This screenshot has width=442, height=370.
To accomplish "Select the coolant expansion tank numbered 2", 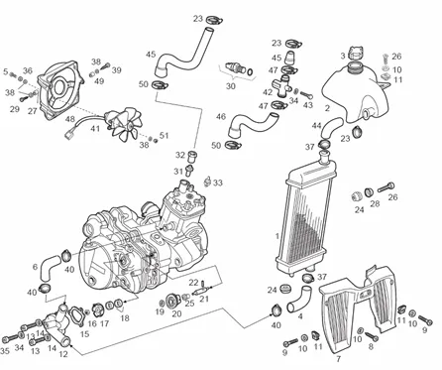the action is point(355,92).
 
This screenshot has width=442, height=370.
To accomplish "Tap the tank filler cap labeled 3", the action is point(356,53).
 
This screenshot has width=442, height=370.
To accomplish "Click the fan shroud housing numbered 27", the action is point(60,89).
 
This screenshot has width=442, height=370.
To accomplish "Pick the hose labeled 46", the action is point(252,124).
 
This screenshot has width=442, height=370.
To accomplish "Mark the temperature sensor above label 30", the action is point(235,68).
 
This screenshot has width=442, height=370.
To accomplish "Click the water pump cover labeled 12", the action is point(58,324).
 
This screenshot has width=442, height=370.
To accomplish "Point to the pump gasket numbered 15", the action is point(76,314).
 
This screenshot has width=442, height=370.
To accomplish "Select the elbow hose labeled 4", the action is point(299,300).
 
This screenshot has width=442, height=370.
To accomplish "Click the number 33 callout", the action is point(218,183).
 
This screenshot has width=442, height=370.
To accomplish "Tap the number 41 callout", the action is point(95,128).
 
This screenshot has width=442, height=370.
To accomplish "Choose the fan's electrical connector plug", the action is point(70,134).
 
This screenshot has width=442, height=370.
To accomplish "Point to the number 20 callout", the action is point(176,313).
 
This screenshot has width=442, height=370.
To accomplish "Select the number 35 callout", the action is point(5,350).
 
